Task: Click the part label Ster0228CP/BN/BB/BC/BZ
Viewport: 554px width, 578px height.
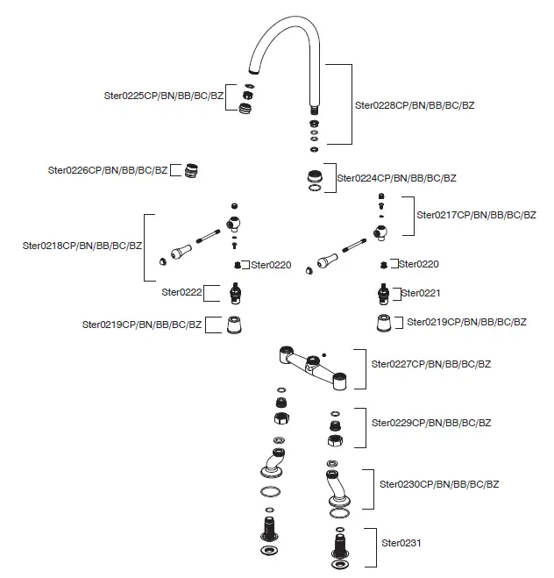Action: (414, 104)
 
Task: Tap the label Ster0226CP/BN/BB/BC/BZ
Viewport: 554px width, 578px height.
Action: (108, 170)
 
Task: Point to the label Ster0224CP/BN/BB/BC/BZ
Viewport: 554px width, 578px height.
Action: (397, 178)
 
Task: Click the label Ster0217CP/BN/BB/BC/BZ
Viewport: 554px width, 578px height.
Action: (477, 215)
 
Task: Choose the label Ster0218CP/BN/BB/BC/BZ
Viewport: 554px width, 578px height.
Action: (82, 246)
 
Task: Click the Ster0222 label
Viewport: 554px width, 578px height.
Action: (181, 292)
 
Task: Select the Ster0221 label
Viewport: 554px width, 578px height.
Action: (422, 293)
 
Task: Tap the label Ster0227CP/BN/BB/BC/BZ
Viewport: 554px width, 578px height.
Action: (431, 363)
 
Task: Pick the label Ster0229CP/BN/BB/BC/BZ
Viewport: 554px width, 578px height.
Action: (431, 423)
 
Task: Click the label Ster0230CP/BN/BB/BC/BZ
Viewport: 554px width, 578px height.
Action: (439, 483)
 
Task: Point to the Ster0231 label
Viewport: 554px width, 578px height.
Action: (401, 543)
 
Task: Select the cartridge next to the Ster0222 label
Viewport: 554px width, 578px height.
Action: (234, 292)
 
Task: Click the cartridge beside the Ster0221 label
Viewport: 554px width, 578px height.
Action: (383, 293)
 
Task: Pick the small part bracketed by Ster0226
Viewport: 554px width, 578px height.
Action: (190, 169)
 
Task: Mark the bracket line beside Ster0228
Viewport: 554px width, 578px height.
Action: (351, 103)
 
